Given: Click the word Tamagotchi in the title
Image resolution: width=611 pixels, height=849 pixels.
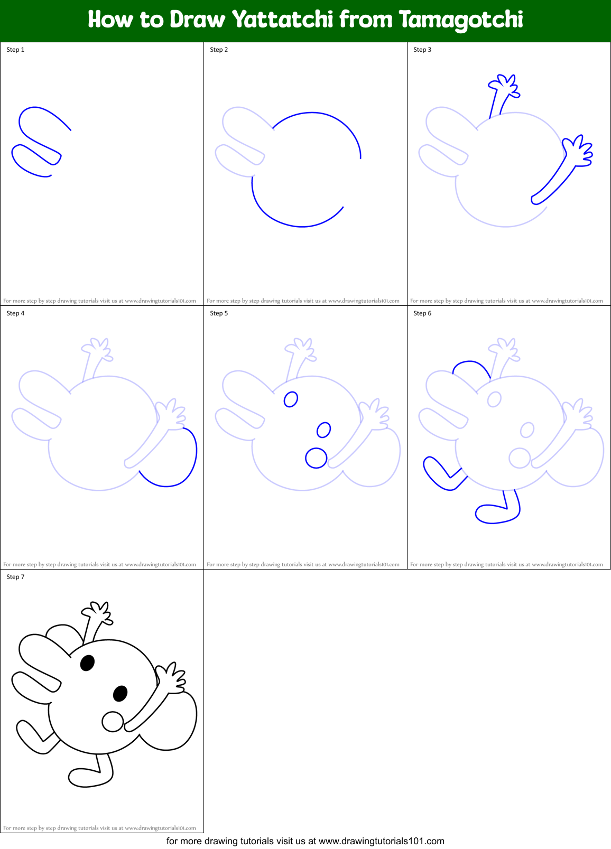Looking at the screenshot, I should click(461, 20).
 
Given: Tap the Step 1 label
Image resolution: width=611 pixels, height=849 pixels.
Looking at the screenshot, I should click(15, 50).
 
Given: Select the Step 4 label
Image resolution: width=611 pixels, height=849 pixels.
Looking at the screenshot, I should click(15, 313).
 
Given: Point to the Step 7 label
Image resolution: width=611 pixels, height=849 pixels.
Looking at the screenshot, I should click(15, 577).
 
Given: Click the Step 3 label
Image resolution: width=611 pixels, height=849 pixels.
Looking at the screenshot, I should click(422, 50).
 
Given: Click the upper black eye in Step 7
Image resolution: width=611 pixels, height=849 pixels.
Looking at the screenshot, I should click(87, 663).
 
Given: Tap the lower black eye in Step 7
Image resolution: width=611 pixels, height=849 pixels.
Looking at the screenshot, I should click(121, 693).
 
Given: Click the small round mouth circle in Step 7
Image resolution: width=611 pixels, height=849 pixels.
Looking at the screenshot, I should click(113, 722).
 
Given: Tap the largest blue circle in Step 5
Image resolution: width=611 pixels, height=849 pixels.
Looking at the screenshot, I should click(316, 458).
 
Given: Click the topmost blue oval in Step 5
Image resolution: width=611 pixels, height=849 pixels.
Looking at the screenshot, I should click(291, 399).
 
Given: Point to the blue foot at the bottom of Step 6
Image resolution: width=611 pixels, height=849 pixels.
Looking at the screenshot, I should click(494, 514).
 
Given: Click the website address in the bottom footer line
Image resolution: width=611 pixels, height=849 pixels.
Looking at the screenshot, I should click(382, 841).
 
